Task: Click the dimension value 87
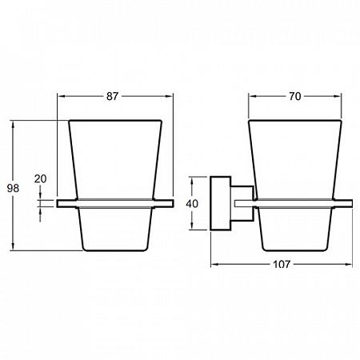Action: pyautogui.click(x=112, y=96)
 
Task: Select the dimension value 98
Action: pyautogui.click(x=13, y=188)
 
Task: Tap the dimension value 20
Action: pyautogui.click(x=40, y=178)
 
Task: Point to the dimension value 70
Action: pyautogui.click(x=294, y=96)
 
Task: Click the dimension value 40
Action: pyautogui.click(x=192, y=204)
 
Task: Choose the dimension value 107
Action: pyautogui.click(x=282, y=264)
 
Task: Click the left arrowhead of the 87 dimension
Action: pyautogui.click(x=62, y=97)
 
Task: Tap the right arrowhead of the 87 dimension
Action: pyautogui.click(x=170, y=97)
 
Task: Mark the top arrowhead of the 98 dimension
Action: pyautogui.click(x=13, y=125)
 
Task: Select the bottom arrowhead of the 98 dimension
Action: pyautogui.click(x=13, y=246)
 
